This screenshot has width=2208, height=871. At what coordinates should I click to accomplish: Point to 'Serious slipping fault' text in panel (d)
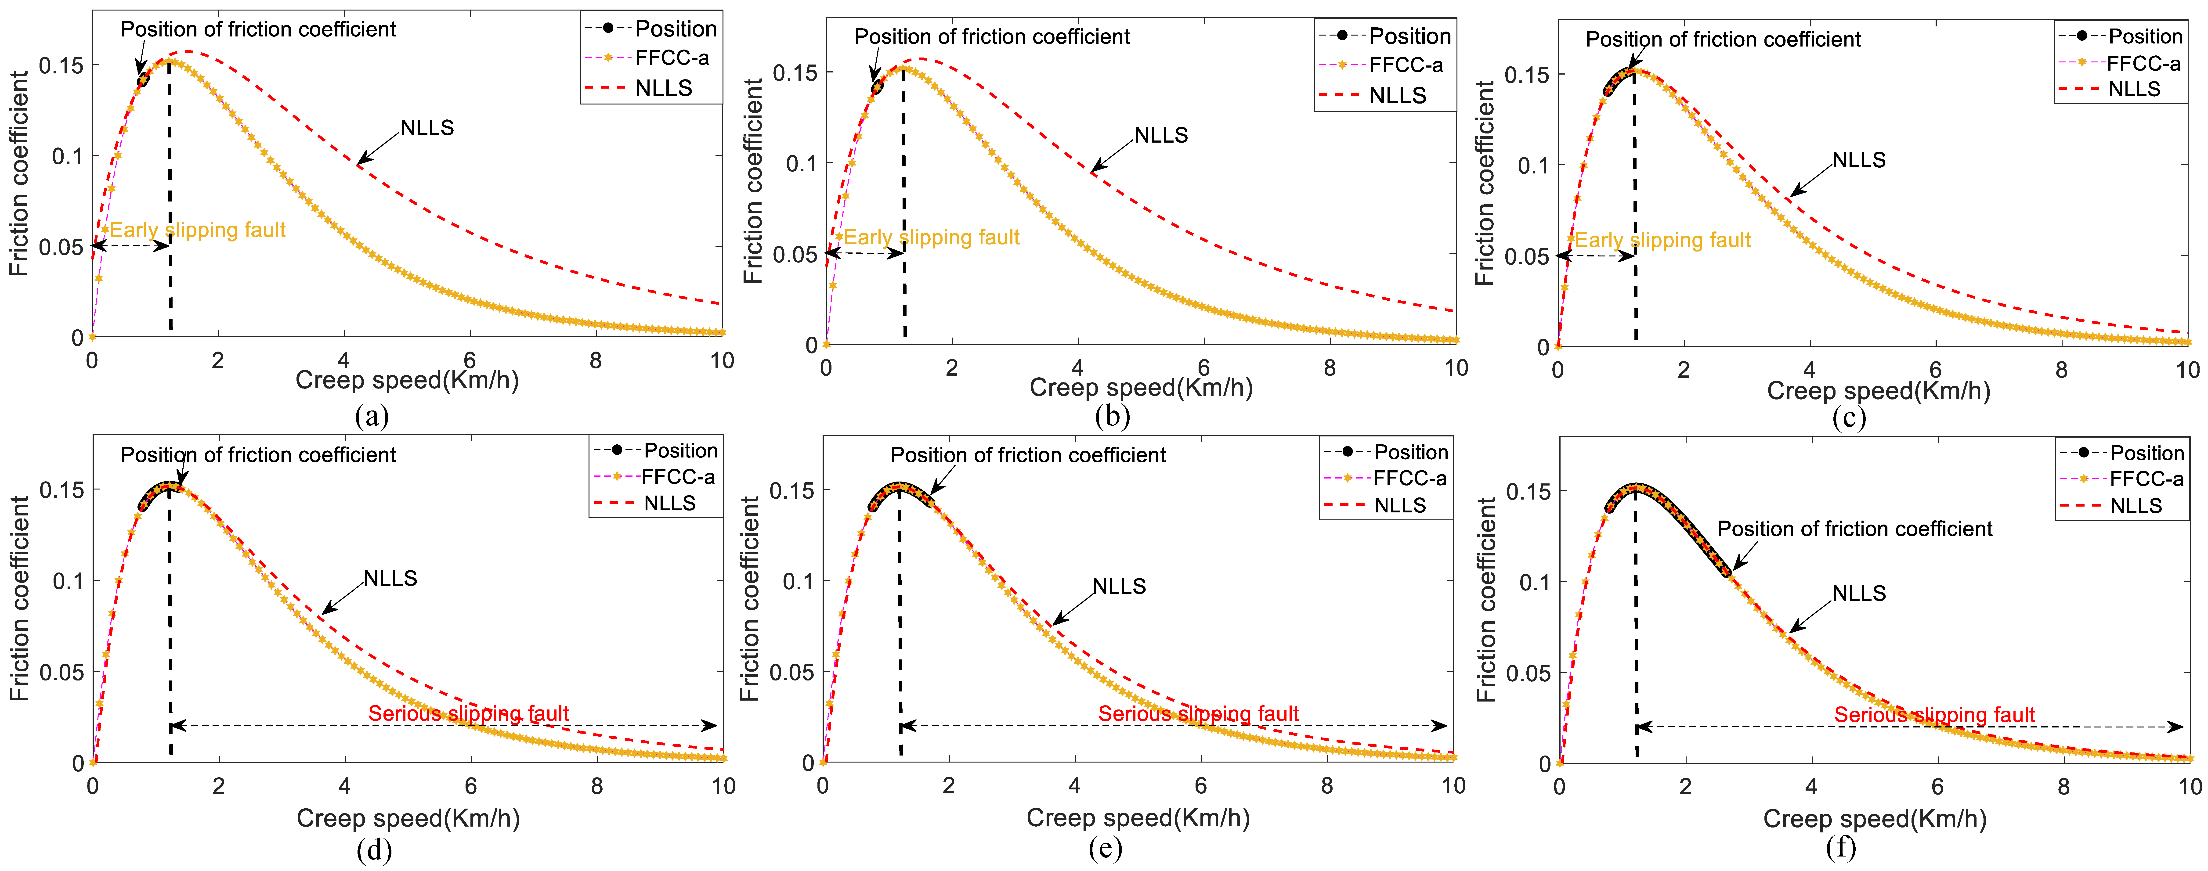[468, 713]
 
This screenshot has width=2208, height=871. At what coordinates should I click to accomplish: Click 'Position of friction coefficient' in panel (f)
[1854, 529]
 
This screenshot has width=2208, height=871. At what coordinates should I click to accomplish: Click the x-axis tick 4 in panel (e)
[1074, 785]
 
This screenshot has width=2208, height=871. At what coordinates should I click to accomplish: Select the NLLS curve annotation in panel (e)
[1119, 586]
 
